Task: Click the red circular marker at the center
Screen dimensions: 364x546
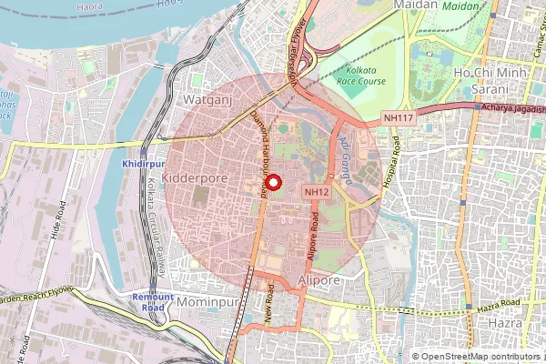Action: coord(273,181)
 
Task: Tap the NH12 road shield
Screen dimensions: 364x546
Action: coord(316,192)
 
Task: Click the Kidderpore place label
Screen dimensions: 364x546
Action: coord(194,179)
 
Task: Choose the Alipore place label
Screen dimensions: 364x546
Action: coord(318,280)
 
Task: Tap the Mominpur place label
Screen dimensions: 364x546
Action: coord(207,300)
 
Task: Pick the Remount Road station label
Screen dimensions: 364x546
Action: coord(152,302)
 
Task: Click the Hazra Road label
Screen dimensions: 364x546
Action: coord(497,302)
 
